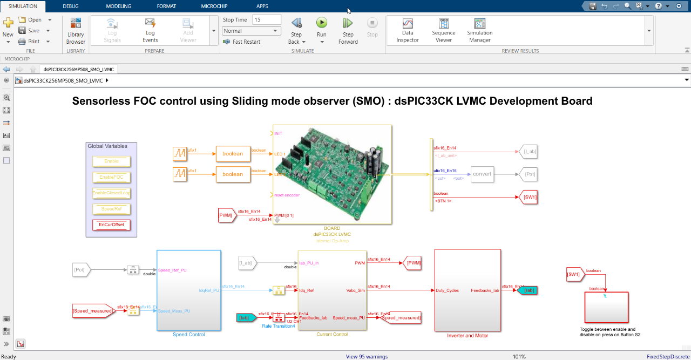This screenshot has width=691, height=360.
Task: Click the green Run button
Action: click(321, 23)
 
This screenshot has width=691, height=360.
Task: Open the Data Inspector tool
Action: click(408, 29)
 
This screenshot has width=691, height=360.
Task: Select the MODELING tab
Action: click(118, 6)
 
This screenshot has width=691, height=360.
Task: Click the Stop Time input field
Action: click(267, 19)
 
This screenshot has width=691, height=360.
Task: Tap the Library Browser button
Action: click(76, 30)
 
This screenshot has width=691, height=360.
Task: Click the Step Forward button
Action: click(348, 29)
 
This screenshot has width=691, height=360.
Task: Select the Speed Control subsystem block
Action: click(188, 290)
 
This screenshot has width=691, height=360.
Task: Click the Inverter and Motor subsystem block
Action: click(467, 290)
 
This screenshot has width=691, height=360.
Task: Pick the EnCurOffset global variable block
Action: click(111, 225)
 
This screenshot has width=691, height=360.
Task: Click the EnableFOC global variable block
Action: click(111, 177)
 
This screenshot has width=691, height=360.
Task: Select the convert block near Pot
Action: click(482, 174)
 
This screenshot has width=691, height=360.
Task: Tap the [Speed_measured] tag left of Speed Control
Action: click(93, 311)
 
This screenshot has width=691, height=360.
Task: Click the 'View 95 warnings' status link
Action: click(367, 356)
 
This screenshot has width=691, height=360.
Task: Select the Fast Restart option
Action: click(246, 42)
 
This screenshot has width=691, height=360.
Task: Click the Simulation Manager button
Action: click(479, 29)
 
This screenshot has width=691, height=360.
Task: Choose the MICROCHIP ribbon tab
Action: click(214, 6)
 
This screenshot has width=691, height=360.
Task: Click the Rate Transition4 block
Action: click(279, 318)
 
